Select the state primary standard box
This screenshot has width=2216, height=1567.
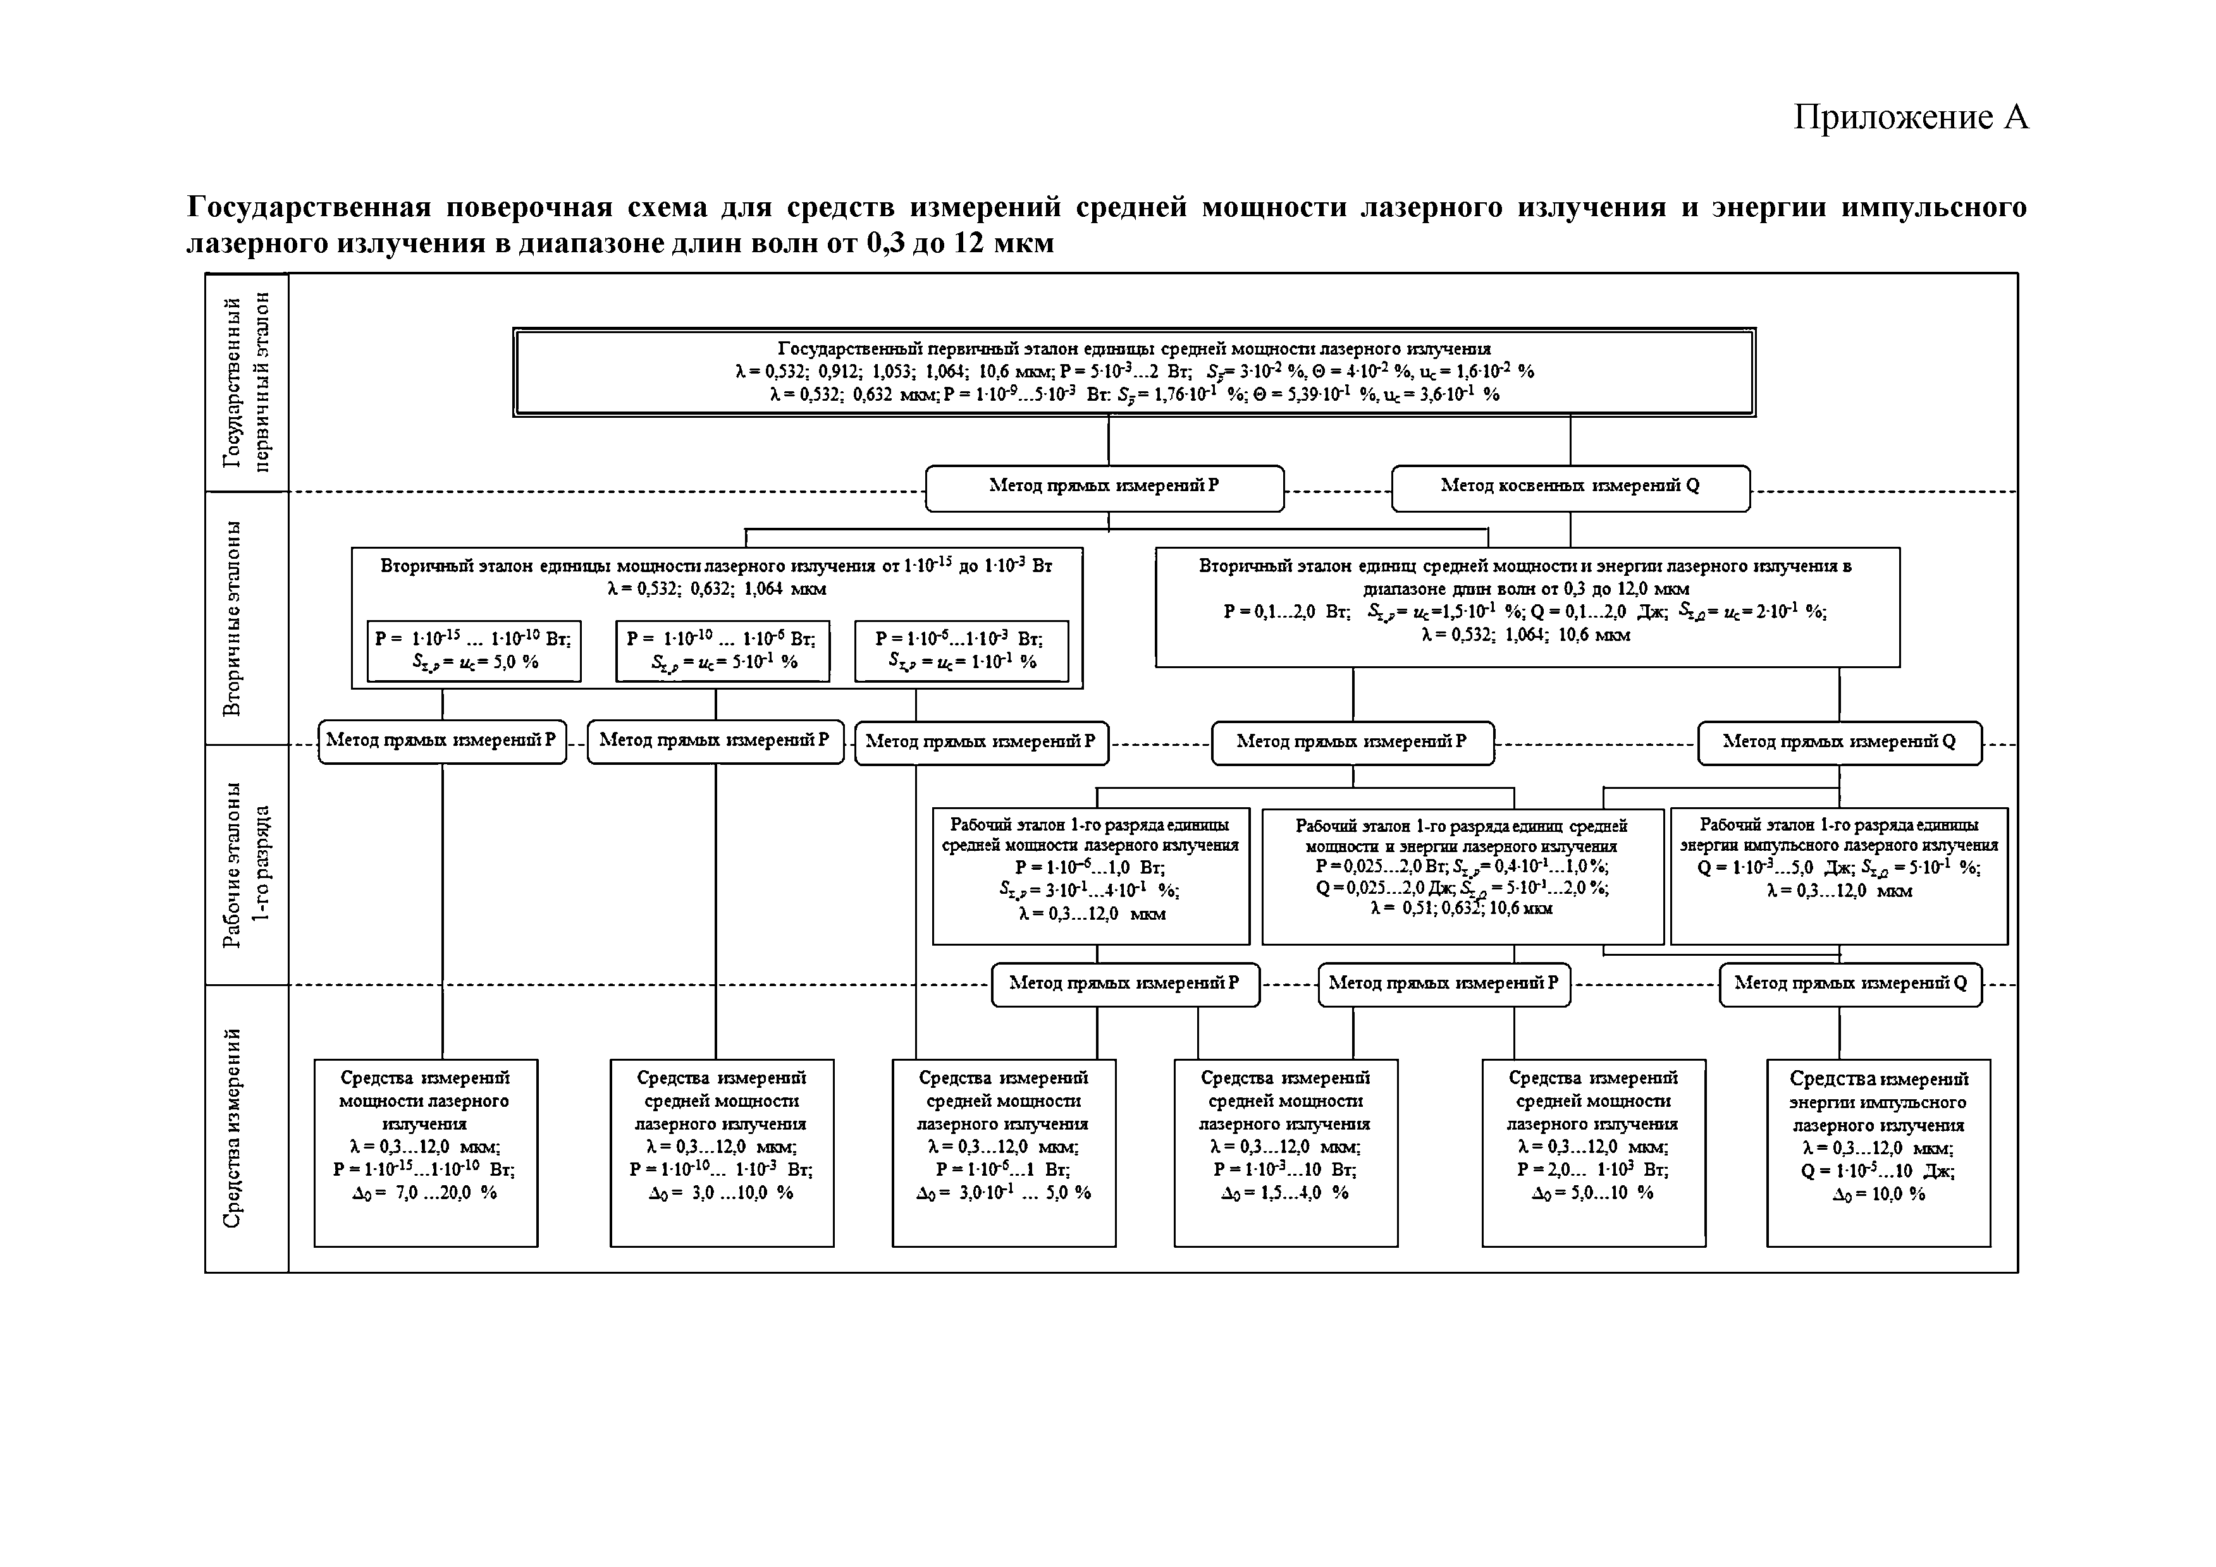[1133, 372]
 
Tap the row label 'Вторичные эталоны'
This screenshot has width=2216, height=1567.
[233, 618]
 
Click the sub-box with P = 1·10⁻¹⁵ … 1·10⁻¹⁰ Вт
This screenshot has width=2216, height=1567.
[474, 650]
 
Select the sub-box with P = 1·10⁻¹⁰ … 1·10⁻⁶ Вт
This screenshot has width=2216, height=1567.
[722, 650]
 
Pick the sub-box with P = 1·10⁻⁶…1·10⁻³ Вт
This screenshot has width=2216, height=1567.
[961, 650]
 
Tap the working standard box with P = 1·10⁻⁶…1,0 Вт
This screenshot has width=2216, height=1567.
[1091, 875]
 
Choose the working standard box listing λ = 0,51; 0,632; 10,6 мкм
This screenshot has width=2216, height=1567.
[1462, 875]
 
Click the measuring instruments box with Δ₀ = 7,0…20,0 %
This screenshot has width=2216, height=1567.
[426, 1152]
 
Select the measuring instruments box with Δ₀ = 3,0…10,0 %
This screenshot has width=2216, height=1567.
[722, 1152]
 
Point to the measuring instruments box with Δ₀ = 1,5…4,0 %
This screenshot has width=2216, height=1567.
[1286, 1152]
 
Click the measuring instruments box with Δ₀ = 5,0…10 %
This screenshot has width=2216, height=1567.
[1594, 1152]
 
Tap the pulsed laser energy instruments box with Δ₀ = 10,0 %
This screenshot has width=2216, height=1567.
[1878, 1152]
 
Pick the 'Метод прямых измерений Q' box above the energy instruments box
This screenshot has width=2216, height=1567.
[1850, 984]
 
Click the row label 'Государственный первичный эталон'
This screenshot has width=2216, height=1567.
[247, 382]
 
